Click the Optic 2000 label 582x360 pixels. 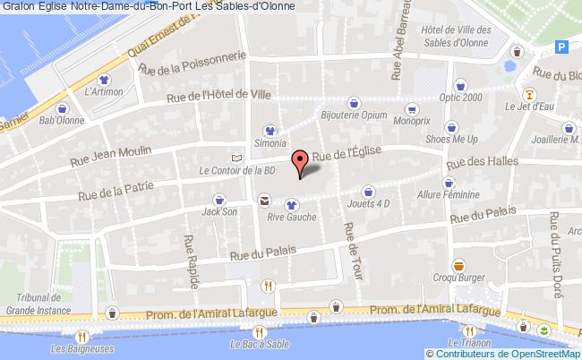[461, 98]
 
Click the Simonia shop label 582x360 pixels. [269, 143]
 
